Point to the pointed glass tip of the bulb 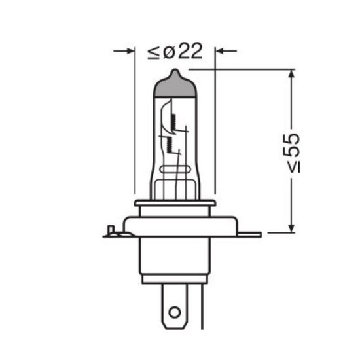click(x=174, y=71)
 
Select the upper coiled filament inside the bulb click(x=175, y=119)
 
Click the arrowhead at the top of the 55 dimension click(x=288, y=74)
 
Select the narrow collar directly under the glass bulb click(x=174, y=204)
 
